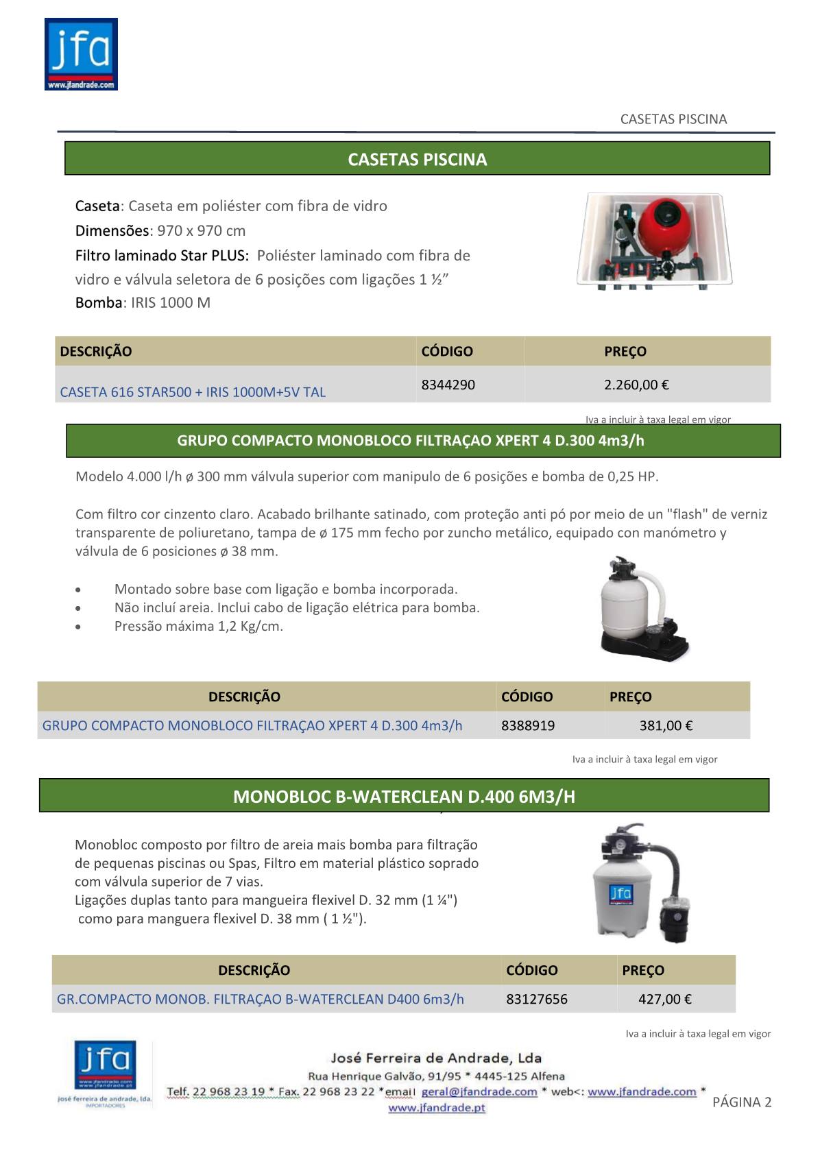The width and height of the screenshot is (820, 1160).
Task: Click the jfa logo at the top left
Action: point(81,54)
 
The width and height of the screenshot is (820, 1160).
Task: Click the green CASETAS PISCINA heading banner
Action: point(417,159)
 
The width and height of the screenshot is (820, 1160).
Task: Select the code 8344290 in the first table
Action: point(448,385)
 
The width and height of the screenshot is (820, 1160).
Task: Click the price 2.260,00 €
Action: point(636,385)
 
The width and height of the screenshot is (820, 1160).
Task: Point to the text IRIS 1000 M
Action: point(171,303)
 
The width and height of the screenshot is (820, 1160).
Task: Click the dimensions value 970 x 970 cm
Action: point(201,231)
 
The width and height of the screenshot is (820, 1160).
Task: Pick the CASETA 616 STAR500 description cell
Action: point(193,392)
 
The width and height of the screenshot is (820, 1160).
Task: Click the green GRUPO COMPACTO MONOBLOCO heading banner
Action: point(423,441)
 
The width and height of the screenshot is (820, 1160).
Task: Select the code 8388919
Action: point(528,725)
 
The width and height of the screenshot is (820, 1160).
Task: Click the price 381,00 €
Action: point(666,725)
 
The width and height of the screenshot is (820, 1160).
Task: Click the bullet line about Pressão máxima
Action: point(199,626)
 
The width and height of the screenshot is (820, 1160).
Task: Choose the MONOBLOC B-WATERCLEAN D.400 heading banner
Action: point(404,796)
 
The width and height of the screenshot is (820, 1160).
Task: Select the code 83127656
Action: point(537,999)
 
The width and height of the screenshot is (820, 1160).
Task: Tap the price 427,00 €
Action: point(664,999)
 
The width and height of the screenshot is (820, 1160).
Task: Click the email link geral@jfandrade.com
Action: point(479,1092)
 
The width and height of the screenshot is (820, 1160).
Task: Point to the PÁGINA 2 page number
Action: point(742,1102)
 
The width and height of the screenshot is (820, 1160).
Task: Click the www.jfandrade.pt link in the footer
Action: point(437,1108)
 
